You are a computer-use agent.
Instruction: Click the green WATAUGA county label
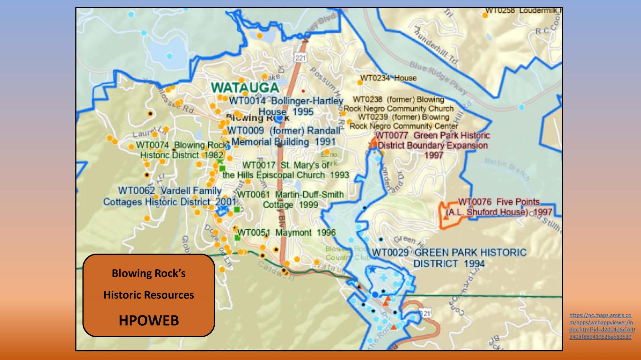[x=245, y=88]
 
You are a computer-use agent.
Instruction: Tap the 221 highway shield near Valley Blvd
[x=300, y=58]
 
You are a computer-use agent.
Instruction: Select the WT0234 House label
[x=388, y=78]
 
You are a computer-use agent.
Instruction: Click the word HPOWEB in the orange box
[x=149, y=320]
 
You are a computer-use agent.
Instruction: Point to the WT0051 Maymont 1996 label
[x=286, y=233]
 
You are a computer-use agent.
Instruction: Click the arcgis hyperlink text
[x=602, y=326]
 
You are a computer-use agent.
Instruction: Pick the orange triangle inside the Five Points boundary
[x=446, y=217]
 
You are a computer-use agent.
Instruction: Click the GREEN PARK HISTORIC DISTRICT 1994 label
[x=449, y=258]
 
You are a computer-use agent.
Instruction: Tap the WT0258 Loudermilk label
[x=522, y=11]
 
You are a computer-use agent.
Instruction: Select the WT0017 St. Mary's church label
[x=286, y=170]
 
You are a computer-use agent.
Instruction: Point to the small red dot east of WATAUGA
[x=303, y=91]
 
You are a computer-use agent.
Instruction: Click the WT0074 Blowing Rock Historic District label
[x=182, y=150]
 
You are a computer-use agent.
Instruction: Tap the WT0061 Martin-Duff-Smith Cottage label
[x=290, y=200]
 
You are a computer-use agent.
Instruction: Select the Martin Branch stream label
[x=506, y=168]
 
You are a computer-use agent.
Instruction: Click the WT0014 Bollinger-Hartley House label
[x=286, y=106]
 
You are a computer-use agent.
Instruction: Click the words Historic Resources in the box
[x=149, y=295]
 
